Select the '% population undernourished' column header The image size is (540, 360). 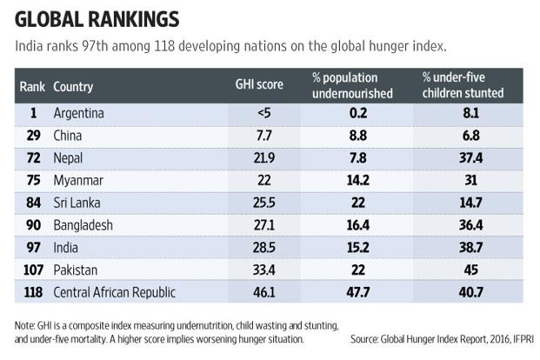[352, 86]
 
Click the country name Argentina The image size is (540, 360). [80, 112]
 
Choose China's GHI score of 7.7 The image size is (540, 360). [256, 135]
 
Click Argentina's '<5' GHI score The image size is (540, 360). [256, 112]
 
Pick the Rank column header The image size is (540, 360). [32, 87]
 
